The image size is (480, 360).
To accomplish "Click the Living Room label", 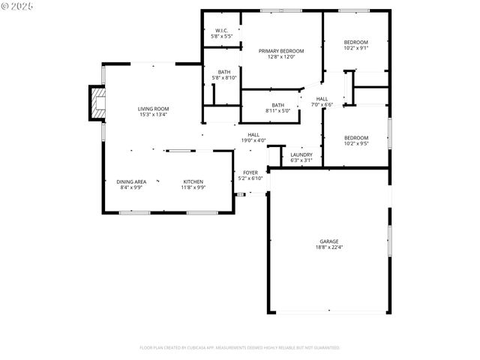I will [153, 109].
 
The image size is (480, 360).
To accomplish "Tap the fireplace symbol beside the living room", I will [97, 103].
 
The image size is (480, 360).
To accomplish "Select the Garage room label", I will [329, 241].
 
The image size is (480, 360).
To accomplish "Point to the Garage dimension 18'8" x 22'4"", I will [329, 247].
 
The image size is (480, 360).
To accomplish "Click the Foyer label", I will [250, 172].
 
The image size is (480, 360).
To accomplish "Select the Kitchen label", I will [193, 181].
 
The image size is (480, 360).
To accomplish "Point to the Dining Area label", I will [131, 181].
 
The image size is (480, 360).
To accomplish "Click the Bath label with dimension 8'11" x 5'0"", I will [277, 105].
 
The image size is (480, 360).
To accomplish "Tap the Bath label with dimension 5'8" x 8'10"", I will [224, 72].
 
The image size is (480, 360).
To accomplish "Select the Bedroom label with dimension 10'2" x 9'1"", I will [356, 42].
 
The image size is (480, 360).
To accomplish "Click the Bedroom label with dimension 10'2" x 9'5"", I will [356, 137].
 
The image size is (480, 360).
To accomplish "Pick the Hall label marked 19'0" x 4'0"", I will [253, 134].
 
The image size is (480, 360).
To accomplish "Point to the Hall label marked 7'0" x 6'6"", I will [322, 99].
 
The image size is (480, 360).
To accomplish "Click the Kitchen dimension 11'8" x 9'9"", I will [193, 187].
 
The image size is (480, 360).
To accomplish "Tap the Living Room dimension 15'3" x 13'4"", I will [153, 115].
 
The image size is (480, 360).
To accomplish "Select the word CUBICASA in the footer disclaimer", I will [212, 348].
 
